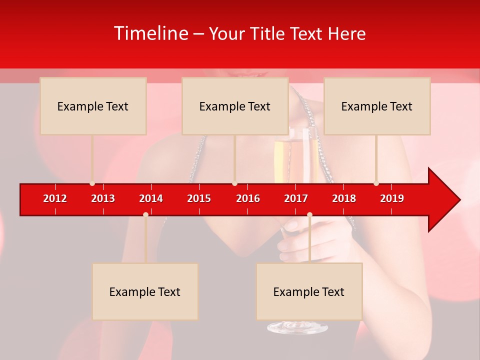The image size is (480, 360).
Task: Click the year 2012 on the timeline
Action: point(55,198)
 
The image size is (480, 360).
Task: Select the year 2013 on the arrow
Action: point(103,198)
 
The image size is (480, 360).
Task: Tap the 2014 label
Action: point(151,198)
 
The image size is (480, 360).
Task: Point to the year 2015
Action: point(199,198)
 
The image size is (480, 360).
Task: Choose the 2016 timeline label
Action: point(248,198)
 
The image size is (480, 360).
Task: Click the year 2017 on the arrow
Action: point(296,198)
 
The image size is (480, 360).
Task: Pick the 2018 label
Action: point(344,198)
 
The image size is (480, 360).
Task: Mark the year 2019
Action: point(392,198)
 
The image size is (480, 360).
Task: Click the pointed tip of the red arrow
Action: point(458,200)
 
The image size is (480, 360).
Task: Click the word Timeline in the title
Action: point(150,33)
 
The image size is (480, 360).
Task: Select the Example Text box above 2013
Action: point(93,106)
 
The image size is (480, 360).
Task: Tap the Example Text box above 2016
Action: point(235,106)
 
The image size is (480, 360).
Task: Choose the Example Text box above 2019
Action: point(377,106)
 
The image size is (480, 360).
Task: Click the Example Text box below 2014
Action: point(145,291)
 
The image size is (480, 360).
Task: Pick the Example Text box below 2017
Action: point(309,291)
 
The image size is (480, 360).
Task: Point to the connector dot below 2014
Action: point(145,214)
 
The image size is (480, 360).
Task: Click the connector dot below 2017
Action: point(309,214)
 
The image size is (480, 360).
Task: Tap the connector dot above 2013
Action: point(92,183)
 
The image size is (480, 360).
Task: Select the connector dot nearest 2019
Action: point(376,183)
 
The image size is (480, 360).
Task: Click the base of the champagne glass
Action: point(297,327)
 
